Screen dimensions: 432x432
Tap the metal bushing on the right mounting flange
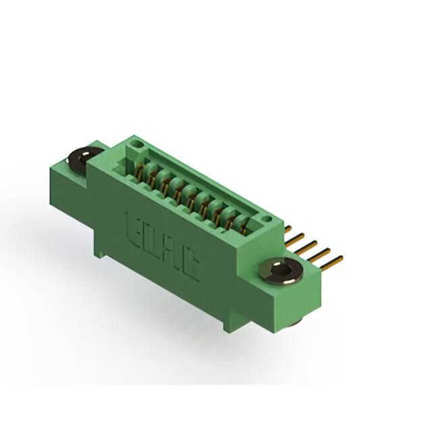(x=281, y=271)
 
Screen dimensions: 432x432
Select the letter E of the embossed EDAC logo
(x=134, y=226)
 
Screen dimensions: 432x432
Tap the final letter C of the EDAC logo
(x=190, y=267)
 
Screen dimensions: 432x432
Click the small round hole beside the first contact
(x=135, y=144)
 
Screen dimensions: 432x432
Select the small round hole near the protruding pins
(x=267, y=219)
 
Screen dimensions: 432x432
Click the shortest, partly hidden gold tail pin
(x=288, y=228)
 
